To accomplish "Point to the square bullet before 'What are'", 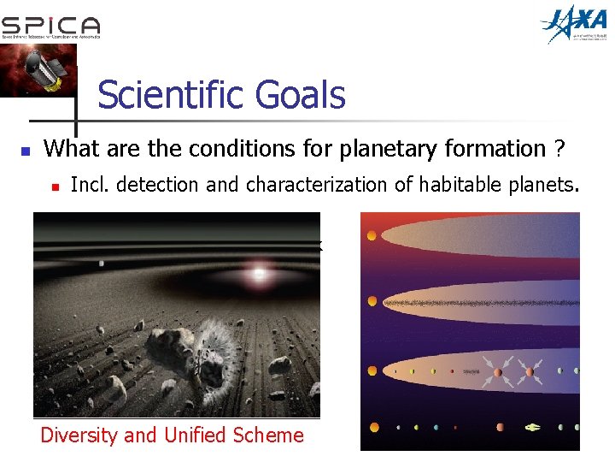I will tap(25, 151).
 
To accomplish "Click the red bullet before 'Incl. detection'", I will tap(54, 186).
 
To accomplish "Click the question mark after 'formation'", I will tap(559, 149).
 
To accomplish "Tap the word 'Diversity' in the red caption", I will tap(79, 435).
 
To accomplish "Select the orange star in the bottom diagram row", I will tap(373, 427).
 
